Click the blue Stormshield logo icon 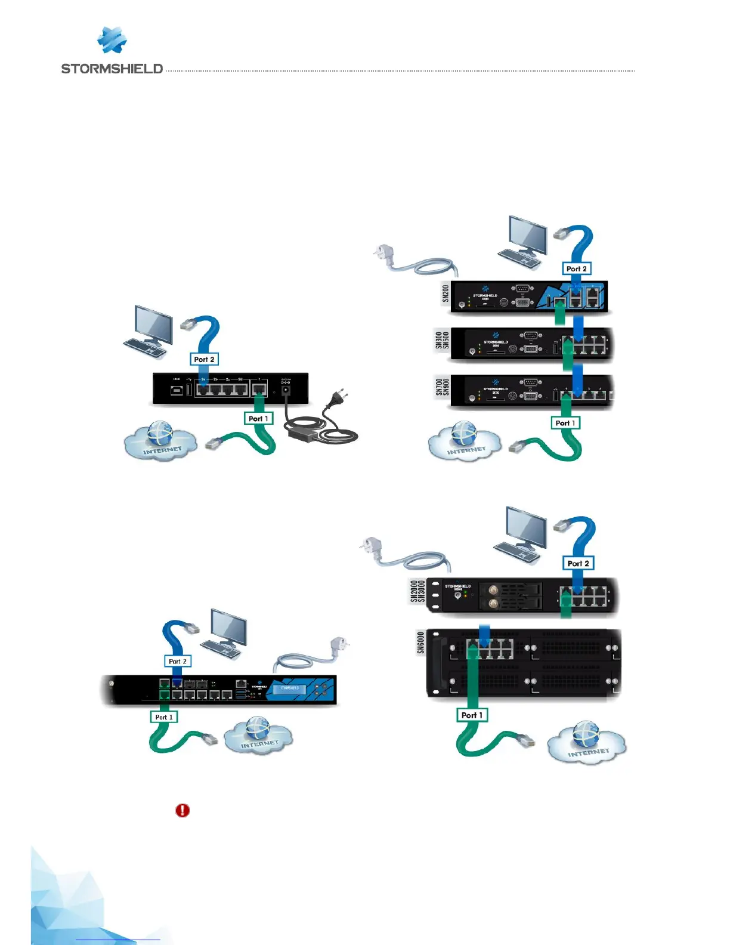pos(112,41)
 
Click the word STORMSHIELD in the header pos(112,69)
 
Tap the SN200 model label pos(446,294)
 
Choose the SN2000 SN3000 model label pos(417,591)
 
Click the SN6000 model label pos(420,643)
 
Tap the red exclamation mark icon pos(182,810)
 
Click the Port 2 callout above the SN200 pos(576,269)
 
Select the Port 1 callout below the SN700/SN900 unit pos(565,423)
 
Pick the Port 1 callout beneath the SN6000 pos(472,715)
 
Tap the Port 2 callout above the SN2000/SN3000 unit pos(578,563)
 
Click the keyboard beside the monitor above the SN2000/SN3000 pos(517,553)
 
